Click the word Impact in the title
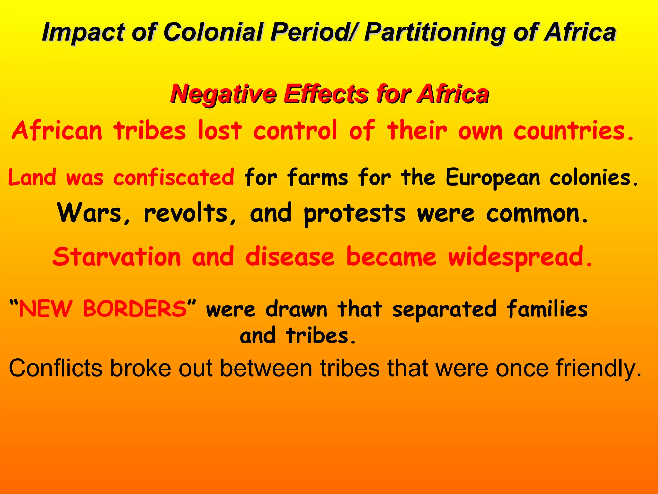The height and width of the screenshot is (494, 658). click(83, 32)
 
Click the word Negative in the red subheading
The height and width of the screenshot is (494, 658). click(223, 94)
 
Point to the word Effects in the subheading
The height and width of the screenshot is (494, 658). click(325, 94)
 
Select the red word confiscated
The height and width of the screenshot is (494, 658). click(174, 177)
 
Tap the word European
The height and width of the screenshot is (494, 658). click(493, 178)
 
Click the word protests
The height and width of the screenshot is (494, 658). click(355, 214)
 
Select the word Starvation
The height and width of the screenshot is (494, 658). click(117, 257)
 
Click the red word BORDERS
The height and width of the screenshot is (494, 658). click(135, 309)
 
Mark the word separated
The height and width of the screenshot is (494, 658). click(444, 309)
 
